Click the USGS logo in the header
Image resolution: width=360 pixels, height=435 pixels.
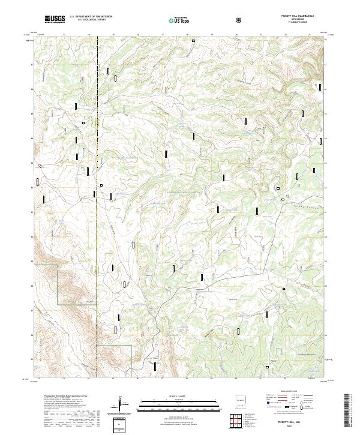(x=55, y=20)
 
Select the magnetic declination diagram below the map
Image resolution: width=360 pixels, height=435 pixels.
(x=123, y=403)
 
